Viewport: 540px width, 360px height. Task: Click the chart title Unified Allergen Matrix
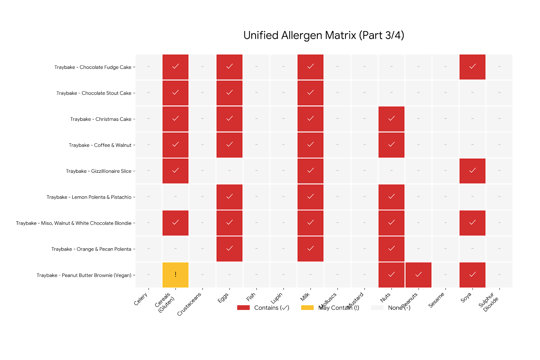pyautogui.click(x=324, y=35)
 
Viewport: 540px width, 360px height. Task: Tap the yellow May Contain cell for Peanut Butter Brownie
pyautogui.click(x=175, y=275)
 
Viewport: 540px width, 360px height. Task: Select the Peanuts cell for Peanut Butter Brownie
pyautogui.click(x=418, y=275)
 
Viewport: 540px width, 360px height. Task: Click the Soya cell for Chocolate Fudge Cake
pyautogui.click(x=473, y=67)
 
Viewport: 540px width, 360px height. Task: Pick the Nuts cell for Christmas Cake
pyautogui.click(x=391, y=119)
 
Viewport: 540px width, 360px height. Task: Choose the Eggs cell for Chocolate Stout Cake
pyautogui.click(x=230, y=93)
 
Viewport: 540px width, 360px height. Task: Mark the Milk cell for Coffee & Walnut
pyautogui.click(x=310, y=145)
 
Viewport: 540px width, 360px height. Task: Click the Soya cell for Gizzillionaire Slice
pyautogui.click(x=473, y=171)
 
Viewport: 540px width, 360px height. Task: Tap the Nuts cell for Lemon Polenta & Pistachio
pyautogui.click(x=391, y=197)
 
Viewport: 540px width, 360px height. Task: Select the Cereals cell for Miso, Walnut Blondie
pyautogui.click(x=175, y=223)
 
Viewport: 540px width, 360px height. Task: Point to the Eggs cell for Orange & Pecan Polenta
pyautogui.click(x=230, y=249)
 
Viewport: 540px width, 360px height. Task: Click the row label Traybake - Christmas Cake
pyautogui.click(x=101, y=119)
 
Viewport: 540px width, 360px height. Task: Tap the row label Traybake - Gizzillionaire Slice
pyautogui.click(x=99, y=171)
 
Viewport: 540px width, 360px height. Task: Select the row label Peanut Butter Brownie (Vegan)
pyautogui.click(x=84, y=275)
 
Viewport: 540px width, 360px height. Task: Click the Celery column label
pyautogui.click(x=141, y=299)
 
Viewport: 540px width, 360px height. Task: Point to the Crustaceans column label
pyautogui.click(x=189, y=304)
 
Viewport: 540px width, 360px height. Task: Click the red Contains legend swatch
pyautogui.click(x=243, y=308)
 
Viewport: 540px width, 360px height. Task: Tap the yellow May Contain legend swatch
pyautogui.click(x=307, y=308)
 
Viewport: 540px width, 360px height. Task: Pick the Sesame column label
pyautogui.click(x=436, y=300)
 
